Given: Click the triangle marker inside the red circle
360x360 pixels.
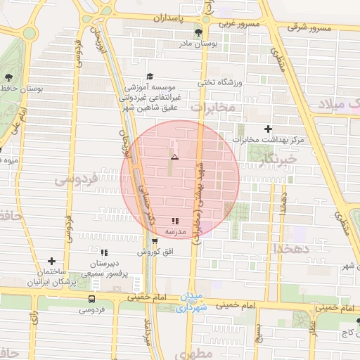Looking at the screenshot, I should coord(174,157).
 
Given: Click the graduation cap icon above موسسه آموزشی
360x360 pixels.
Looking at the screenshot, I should coord(149,76).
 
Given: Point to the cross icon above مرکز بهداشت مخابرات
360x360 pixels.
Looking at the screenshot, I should coord(267,129).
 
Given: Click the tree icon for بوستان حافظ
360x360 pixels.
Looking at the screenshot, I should coord(8,78).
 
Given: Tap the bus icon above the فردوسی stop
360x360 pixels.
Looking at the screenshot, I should coord(91,299).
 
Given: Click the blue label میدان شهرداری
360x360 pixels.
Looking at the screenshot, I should coord(191,302).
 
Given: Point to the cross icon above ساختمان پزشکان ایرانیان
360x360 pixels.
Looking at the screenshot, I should coord(51,261).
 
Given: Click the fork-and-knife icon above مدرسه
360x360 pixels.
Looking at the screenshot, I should coord(174,221).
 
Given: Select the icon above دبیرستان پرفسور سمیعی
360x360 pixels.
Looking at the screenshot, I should coord(104,252).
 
